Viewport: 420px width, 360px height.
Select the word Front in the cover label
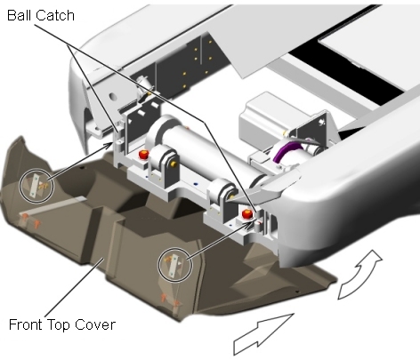point(26,324)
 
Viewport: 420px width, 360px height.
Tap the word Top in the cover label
point(59,325)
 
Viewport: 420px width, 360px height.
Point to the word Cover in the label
point(94,324)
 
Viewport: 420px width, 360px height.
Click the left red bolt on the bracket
point(144,155)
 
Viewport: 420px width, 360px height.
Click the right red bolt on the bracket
point(246,213)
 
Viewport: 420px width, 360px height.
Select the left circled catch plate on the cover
point(36,186)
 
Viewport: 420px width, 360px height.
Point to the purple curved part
point(282,151)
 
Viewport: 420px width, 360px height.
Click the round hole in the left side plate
point(112,97)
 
